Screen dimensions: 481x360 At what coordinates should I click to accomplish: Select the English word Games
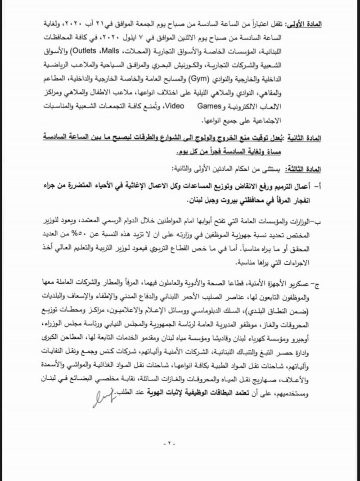pos(207,108)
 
